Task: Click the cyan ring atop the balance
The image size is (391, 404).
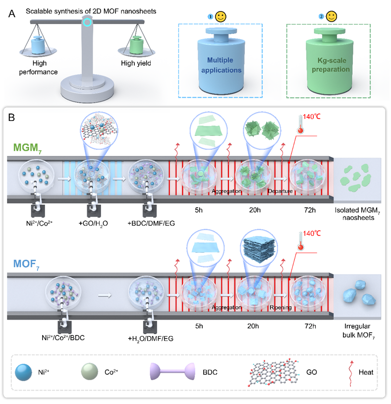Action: coord(87,22)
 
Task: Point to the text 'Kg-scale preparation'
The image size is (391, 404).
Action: coord(331,65)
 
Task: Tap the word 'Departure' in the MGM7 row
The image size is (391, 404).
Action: coord(281,190)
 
